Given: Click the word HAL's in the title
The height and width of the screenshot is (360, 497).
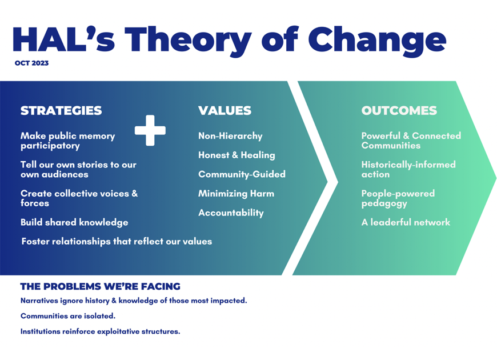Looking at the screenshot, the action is (x=63, y=39).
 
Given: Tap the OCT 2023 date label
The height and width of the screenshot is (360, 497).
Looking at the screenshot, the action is (x=31, y=63).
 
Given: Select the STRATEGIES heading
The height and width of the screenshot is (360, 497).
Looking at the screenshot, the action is (x=61, y=110).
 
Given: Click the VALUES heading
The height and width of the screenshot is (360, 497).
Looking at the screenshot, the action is (x=225, y=110).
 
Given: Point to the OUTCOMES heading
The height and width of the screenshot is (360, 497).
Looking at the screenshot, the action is (x=399, y=110).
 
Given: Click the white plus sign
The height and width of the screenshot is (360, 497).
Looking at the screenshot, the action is (x=150, y=130).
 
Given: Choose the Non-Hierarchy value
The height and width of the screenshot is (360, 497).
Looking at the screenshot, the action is (x=230, y=136).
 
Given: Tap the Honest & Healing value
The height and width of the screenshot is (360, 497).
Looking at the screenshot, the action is (x=237, y=155).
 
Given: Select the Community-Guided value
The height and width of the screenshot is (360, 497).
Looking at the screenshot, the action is (x=242, y=174).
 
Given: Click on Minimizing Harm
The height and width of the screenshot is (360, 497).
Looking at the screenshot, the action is (x=236, y=194).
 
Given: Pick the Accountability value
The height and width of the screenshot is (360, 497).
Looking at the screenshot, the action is (x=231, y=213).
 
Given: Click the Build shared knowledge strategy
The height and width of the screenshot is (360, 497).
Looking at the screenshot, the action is (x=74, y=222).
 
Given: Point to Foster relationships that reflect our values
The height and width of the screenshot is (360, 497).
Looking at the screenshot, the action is (x=117, y=241).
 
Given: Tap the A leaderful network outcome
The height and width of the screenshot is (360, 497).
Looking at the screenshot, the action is (x=406, y=222).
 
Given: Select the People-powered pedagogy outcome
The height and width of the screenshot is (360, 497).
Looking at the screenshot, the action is (x=398, y=198).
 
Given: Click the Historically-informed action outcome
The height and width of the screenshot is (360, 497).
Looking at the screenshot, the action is (x=408, y=169).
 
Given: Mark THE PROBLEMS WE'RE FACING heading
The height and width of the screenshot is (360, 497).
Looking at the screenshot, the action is (x=101, y=286).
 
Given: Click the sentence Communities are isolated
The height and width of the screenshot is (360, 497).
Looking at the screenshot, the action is (x=68, y=316).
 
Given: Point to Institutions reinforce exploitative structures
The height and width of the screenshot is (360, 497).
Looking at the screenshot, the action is (x=100, y=331).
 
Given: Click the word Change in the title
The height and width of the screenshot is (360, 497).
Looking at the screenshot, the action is (x=377, y=41).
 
